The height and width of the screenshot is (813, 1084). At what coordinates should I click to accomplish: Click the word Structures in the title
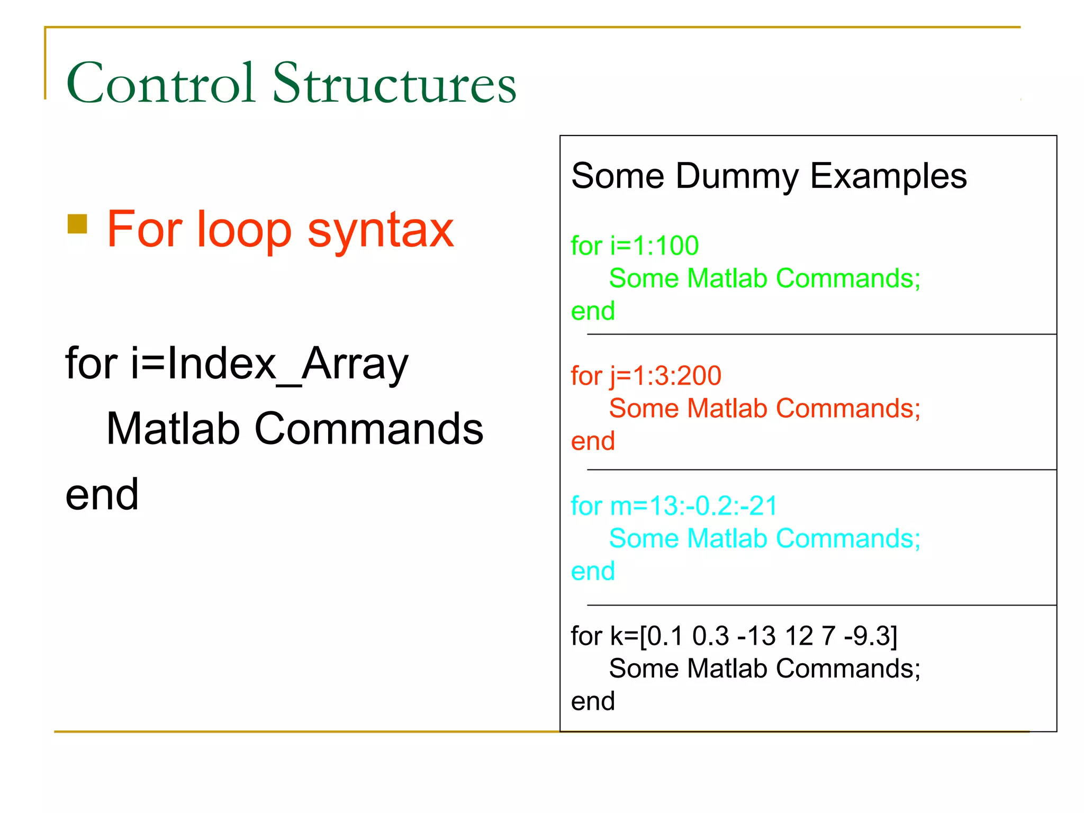pyautogui.click(x=394, y=83)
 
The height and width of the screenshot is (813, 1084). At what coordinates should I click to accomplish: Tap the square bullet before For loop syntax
pyautogui.click(x=77, y=224)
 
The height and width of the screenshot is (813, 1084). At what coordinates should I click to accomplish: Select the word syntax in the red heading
pyautogui.click(x=381, y=231)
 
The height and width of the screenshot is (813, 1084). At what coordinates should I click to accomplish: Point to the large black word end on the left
pyautogui.click(x=102, y=495)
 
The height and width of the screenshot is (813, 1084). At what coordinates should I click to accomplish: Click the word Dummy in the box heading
pyautogui.click(x=736, y=176)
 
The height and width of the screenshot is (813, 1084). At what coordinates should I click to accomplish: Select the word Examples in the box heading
pyautogui.click(x=888, y=176)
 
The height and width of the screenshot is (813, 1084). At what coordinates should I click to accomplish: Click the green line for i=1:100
pyautogui.click(x=635, y=246)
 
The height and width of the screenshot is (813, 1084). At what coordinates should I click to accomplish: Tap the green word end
pyautogui.click(x=593, y=311)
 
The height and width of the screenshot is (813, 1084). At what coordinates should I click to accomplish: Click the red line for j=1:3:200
pyautogui.click(x=646, y=376)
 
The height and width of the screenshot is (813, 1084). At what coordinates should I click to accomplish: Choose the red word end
pyautogui.click(x=593, y=441)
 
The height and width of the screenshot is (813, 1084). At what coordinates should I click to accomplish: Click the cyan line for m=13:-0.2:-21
pyautogui.click(x=674, y=506)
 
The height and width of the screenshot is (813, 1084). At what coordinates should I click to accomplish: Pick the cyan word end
pyautogui.click(x=593, y=572)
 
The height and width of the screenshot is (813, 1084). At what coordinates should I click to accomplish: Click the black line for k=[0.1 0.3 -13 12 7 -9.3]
pyautogui.click(x=734, y=636)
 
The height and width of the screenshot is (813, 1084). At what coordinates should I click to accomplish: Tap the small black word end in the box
pyautogui.click(x=593, y=701)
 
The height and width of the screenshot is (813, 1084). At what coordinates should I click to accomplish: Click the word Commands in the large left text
pyautogui.click(x=369, y=429)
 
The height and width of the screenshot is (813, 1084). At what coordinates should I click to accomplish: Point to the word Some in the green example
pyautogui.click(x=644, y=278)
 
